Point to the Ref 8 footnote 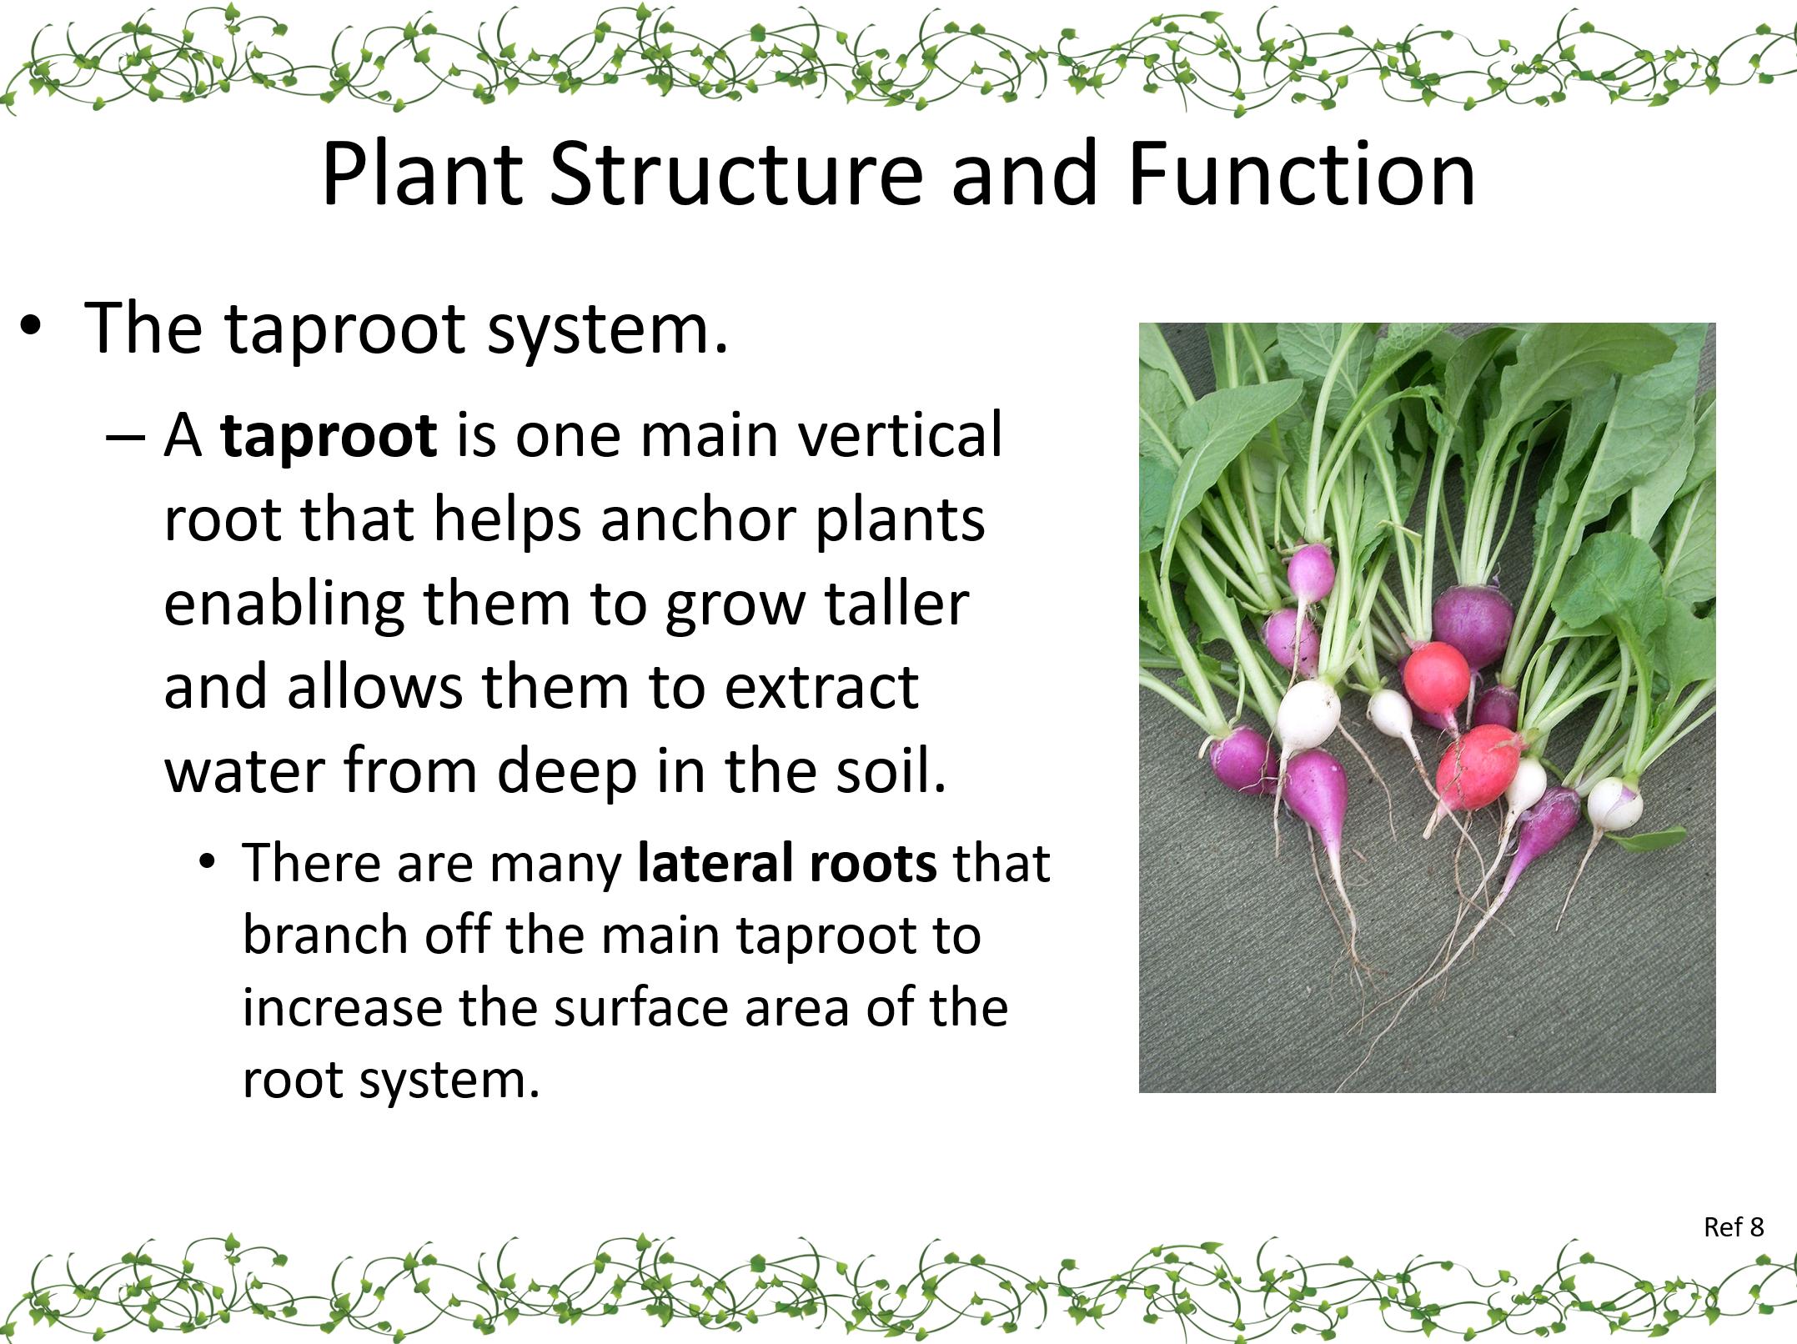pos(1734,1227)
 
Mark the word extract pos(821,689)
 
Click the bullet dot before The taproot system pos(30,326)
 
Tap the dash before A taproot pos(125,437)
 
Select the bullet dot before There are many pos(208,861)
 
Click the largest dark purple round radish pos(1473,625)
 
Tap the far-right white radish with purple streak pos(1614,804)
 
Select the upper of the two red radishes pos(1436,675)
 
